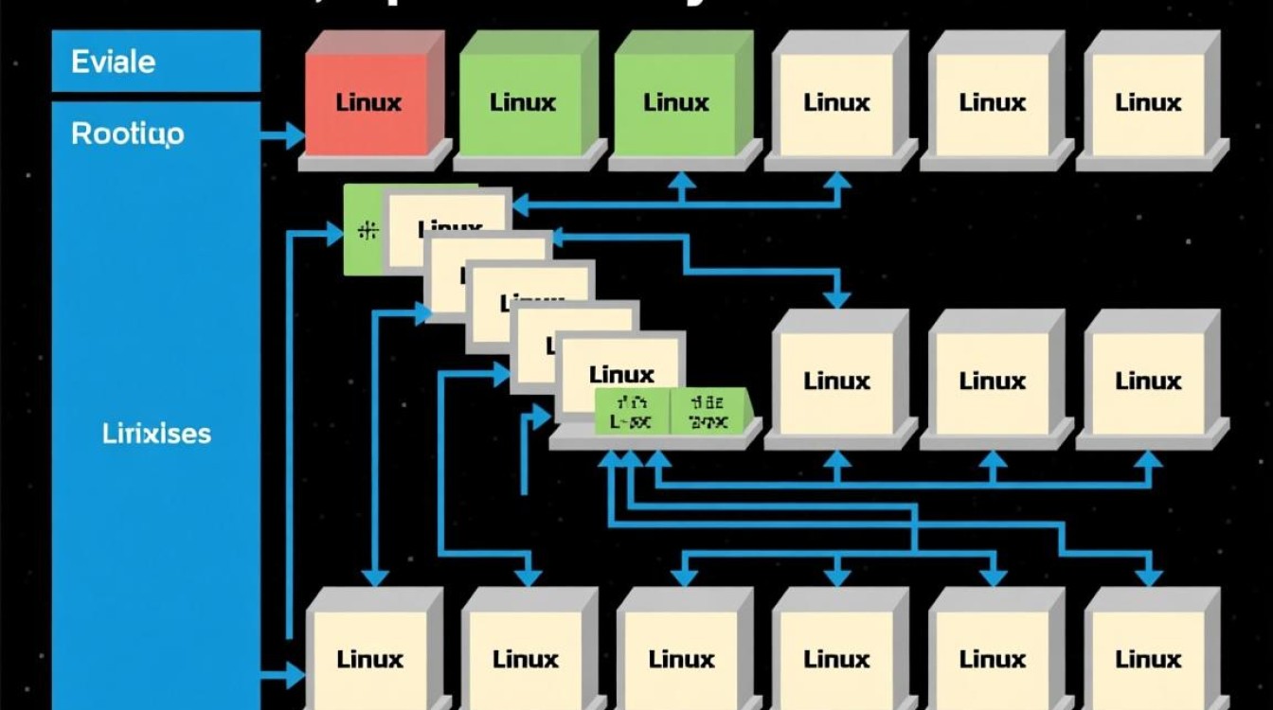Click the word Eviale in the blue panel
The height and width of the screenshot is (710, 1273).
point(113,62)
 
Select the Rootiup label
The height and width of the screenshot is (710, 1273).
point(127,134)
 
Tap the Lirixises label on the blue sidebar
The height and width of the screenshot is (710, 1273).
point(156,435)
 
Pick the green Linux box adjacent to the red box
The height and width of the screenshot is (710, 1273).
point(522,102)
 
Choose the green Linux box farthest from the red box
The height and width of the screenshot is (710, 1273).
point(675,102)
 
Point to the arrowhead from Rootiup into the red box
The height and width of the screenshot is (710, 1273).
point(293,137)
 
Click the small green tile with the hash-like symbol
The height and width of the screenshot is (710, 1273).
point(363,230)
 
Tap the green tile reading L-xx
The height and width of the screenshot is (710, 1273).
point(631,413)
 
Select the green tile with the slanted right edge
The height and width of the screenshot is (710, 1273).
point(710,413)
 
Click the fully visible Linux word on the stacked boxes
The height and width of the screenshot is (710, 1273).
point(621,375)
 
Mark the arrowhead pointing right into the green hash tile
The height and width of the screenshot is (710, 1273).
point(332,230)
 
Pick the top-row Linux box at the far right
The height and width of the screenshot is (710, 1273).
point(1148,102)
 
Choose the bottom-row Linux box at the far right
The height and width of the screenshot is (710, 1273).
point(1148,658)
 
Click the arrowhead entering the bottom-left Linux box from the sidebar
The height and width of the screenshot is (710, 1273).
point(293,676)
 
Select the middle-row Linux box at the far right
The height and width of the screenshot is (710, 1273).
point(1148,381)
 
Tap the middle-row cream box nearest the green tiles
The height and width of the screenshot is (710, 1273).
point(836,381)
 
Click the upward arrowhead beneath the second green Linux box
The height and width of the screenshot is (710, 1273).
point(682,181)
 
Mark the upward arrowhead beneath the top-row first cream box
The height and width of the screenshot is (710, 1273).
point(836,181)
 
